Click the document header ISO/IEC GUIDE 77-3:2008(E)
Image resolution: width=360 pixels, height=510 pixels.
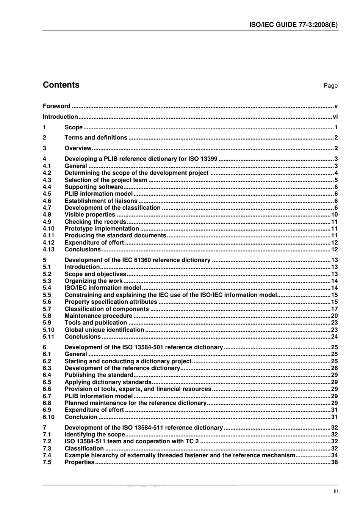click(293, 25)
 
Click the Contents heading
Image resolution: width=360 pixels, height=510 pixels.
click(61, 85)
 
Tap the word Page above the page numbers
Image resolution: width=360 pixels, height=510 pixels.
click(330, 86)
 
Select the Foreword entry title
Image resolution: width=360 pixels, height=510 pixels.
click(56, 106)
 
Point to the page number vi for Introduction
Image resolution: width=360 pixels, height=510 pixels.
click(335, 117)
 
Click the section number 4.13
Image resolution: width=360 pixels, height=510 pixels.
click(49, 250)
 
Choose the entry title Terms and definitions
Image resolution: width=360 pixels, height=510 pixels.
click(96, 138)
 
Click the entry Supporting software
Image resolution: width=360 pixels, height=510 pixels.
click(94, 187)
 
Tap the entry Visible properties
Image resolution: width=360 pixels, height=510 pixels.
click(90, 215)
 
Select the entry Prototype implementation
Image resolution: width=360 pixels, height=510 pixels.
click(102, 229)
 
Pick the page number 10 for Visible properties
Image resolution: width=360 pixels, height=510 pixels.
click(334, 215)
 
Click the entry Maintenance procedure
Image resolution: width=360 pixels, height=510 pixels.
click(99, 316)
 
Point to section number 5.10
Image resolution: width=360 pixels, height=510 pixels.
click(49, 330)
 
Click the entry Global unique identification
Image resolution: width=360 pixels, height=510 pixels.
click(104, 330)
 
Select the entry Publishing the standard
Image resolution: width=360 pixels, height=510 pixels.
click(99, 375)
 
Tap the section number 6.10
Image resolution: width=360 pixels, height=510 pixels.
click(49, 417)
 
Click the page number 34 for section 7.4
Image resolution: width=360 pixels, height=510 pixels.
click(334, 455)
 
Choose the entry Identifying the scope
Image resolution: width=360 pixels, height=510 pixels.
click(95, 435)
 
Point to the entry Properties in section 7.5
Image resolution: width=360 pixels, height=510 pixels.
click(79, 462)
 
